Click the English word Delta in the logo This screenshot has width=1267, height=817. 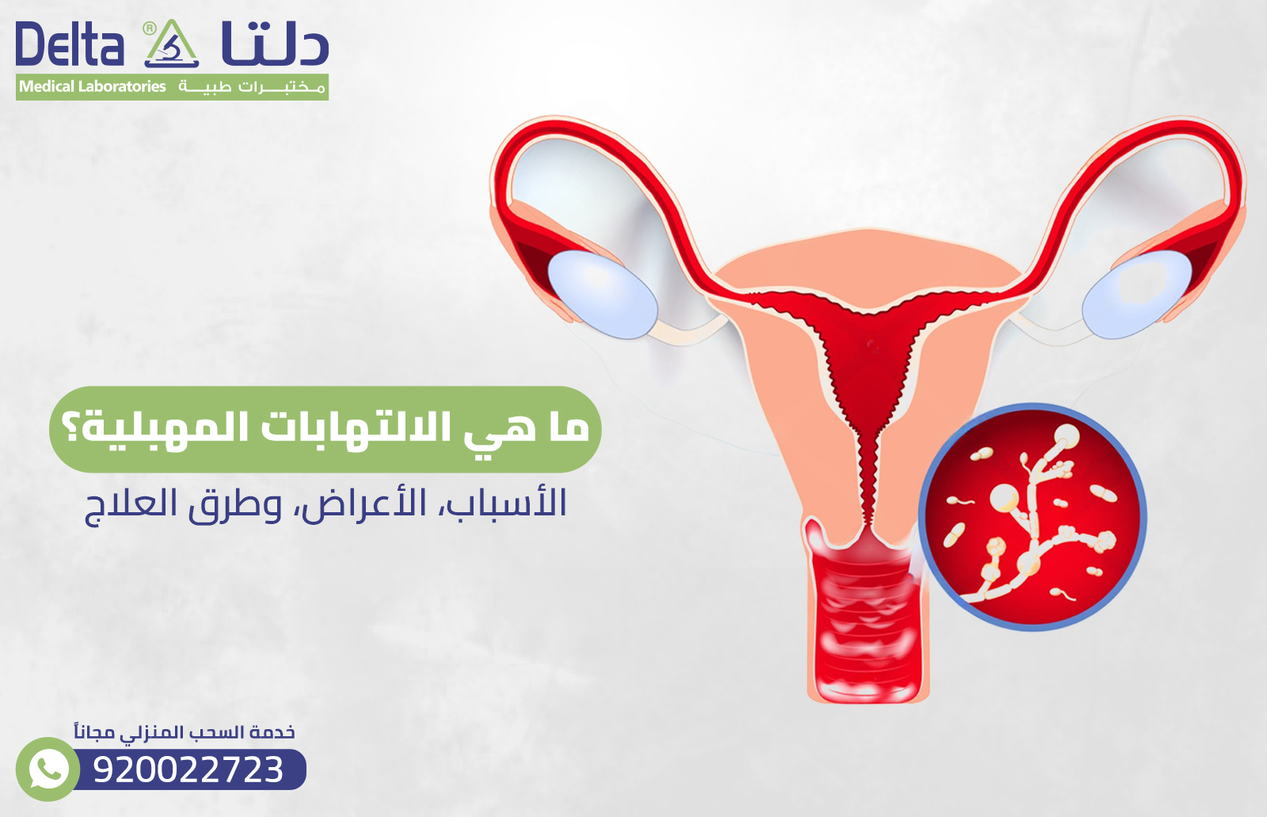tap(70, 45)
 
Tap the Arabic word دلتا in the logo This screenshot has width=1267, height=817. tap(274, 45)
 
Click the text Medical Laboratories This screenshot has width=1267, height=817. tap(93, 86)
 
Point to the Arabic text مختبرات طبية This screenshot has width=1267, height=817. tap(252, 86)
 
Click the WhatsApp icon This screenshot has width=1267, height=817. tap(48, 769)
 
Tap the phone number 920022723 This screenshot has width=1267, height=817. tap(188, 769)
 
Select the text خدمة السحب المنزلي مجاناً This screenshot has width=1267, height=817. tap(185, 732)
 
